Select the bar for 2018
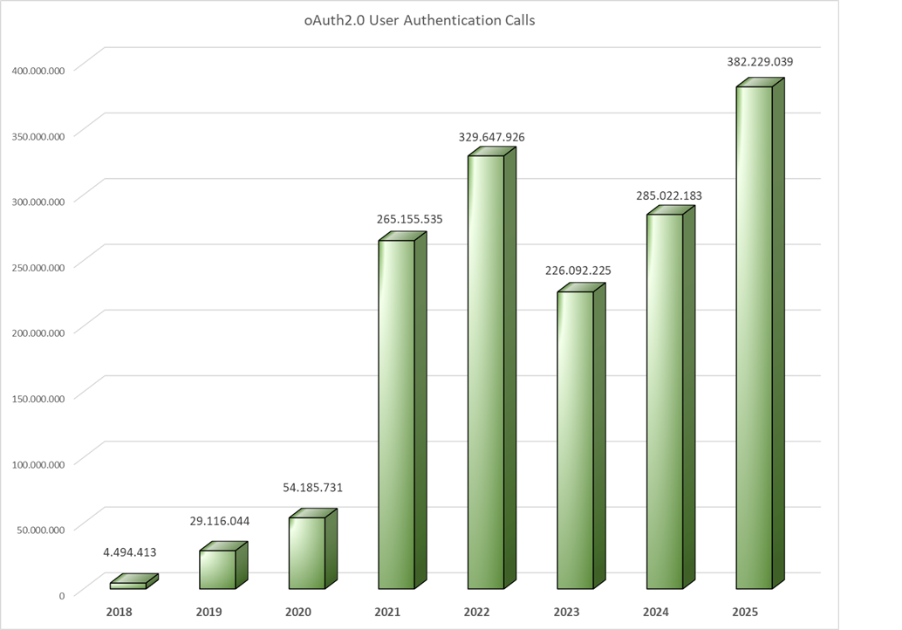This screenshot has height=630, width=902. (x=128, y=585)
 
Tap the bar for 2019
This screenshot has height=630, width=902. (x=217, y=569)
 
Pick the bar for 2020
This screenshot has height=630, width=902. (x=307, y=552)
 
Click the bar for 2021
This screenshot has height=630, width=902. (x=396, y=414)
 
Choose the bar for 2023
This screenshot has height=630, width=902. (x=575, y=440)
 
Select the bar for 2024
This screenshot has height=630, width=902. (x=665, y=401)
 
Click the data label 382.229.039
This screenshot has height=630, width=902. (x=760, y=62)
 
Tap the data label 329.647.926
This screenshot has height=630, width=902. (x=492, y=137)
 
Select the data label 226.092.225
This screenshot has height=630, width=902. (x=578, y=270)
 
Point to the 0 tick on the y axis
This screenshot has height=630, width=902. (x=62, y=595)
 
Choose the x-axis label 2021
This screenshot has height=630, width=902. (x=387, y=612)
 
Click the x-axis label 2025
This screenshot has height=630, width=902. (x=745, y=612)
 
